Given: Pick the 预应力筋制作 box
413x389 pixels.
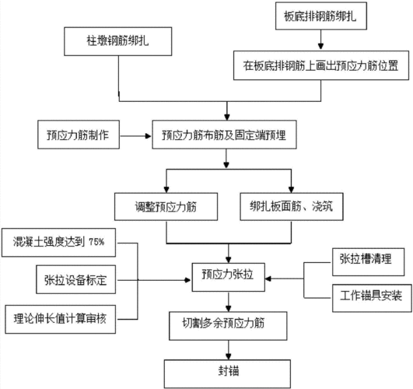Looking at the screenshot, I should pos(78,135).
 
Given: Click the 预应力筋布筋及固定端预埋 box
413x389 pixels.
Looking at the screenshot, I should pos(225,135).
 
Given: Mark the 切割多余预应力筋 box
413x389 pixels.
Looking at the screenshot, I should pos(225,321).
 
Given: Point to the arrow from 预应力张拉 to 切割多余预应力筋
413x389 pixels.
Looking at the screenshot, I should pos(227,298).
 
